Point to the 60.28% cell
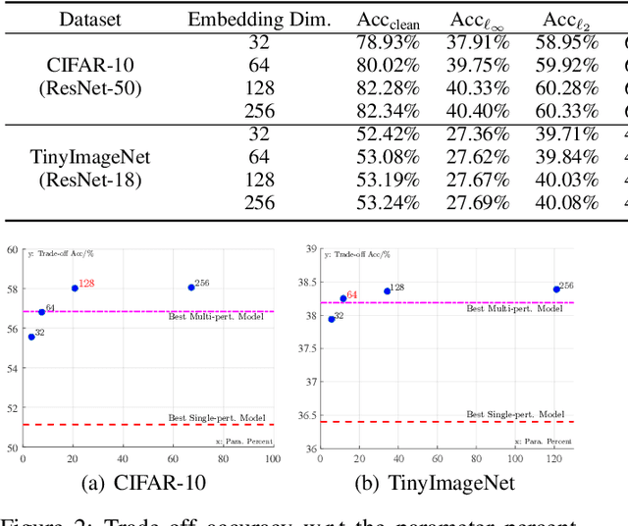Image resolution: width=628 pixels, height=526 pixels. click(x=566, y=87)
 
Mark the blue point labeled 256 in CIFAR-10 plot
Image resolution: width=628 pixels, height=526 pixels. click(x=191, y=287)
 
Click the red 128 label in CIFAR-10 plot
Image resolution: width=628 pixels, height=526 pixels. click(x=86, y=284)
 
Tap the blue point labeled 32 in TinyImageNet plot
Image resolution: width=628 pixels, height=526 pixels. click(x=332, y=319)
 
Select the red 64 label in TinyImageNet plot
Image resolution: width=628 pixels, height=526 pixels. click(x=351, y=294)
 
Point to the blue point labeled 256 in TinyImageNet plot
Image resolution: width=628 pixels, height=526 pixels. click(x=556, y=289)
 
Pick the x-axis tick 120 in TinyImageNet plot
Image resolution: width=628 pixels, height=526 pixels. click(x=553, y=458)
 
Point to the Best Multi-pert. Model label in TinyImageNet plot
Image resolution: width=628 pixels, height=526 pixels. click(x=514, y=308)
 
